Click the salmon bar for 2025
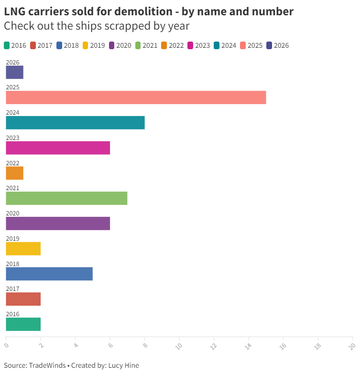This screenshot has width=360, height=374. [x=136, y=97]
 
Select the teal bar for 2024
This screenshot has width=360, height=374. [x=75, y=123]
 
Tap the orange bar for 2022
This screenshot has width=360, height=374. [x=14, y=173]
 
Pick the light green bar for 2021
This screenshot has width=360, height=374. [x=66, y=198]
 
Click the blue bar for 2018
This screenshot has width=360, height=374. [x=49, y=274]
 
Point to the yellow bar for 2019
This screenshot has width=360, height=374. [x=23, y=248]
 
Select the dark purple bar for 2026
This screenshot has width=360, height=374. [x=14, y=72]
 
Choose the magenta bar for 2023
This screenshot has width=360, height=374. [x=58, y=148]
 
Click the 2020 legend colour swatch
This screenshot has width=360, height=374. [x=112, y=45]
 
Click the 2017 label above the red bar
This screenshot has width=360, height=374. [x=12, y=289]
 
